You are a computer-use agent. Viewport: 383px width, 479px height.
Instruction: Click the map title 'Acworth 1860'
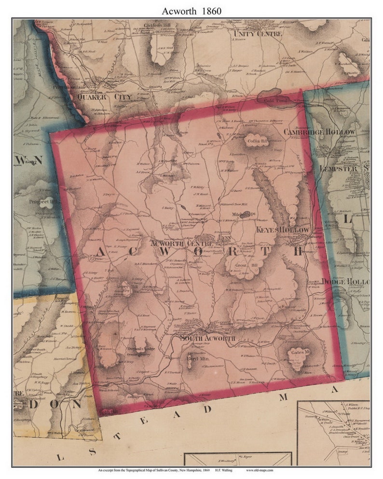(x=191, y=10)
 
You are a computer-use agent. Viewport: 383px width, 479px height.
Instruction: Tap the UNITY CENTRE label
(x=255, y=34)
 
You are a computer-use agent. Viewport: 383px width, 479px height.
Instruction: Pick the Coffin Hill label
(x=258, y=141)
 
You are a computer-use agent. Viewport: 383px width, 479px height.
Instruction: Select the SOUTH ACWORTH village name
(x=207, y=338)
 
